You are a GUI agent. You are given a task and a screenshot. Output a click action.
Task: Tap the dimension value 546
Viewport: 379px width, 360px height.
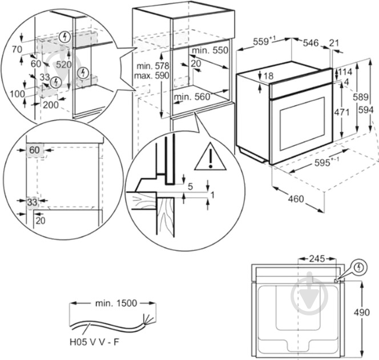(310, 42)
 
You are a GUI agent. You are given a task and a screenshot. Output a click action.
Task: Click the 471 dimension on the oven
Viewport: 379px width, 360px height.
(341, 113)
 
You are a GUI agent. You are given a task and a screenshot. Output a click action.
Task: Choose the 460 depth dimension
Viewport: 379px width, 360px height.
(296, 199)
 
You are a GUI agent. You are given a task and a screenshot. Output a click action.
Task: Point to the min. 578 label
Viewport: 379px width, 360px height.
(150, 66)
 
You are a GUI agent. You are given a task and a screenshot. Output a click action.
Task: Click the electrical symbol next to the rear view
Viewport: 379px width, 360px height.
(358, 267)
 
